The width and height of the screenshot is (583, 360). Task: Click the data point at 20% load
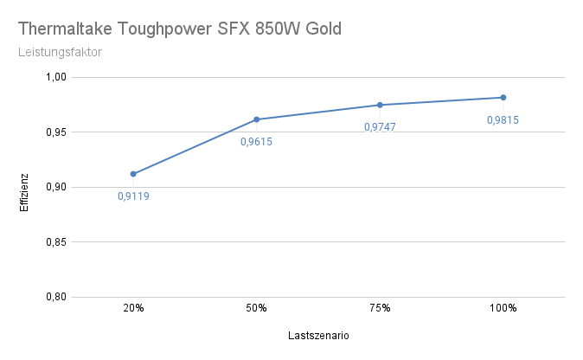pyautogui.click(x=133, y=174)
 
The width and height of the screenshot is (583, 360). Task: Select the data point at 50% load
pyautogui.click(x=257, y=119)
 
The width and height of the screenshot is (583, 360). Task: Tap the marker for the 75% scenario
pyautogui.click(x=380, y=105)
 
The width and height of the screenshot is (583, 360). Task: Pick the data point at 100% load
pyautogui.click(x=503, y=98)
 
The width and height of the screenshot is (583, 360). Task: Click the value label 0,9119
pyautogui.click(x=133, y=196)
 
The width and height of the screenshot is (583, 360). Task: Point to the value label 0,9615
pyautogui.click(x=256, y=142)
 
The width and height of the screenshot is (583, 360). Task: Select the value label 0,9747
pyautogui.click(x=380, y=127)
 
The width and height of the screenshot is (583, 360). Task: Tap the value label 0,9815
pyautogui.click(x=503, y=120)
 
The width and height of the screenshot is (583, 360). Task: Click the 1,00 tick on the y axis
pyautogui.click(x=55, y=77)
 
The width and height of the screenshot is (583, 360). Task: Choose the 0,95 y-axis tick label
pyautogui.click(x=55, y=132)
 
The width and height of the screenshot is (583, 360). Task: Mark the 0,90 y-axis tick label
pyautogui.click(x=55, y=187)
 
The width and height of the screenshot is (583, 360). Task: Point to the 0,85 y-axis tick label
pyautogui.click(x=55, y=242)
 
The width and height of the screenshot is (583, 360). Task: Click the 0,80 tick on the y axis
pyautogui.click(x=55, y=297)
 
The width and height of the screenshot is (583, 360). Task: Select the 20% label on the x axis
pyautogui.click(x=133, y=308)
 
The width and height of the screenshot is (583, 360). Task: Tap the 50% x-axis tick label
pyautogui.click(x=257, y=308)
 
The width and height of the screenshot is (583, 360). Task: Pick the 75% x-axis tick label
pyautogui.click(x=380, y=308)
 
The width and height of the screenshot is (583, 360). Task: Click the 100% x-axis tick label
pyautogui.click(x=503, y=308)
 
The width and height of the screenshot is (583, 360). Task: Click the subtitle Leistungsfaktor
pyautogui.click(x=60, y=52)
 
